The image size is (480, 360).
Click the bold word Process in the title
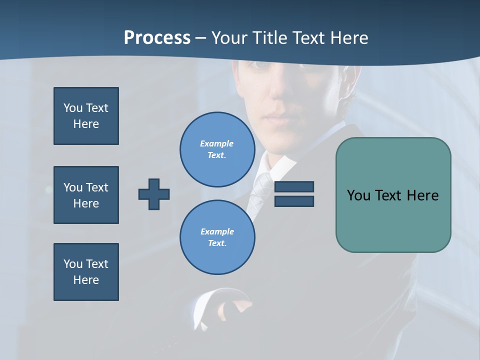pos(157,38)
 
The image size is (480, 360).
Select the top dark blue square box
pos(86,116)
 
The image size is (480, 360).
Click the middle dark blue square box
pos(86,195)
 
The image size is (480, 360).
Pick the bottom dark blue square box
pos(86,272)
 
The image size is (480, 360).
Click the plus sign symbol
pos(154,194)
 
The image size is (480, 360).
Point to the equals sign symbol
pos(294,194)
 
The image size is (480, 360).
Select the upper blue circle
pos(217,149)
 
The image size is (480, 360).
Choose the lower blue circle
pos(217,237)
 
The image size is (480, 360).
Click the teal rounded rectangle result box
pos(393,195)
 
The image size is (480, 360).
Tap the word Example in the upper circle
pos(216,143)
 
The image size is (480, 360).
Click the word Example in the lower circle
pos(217,231)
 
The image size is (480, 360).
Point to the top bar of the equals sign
pos(294,187)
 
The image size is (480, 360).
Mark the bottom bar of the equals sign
pos(294,201)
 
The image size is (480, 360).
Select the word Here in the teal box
pos(422,195)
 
